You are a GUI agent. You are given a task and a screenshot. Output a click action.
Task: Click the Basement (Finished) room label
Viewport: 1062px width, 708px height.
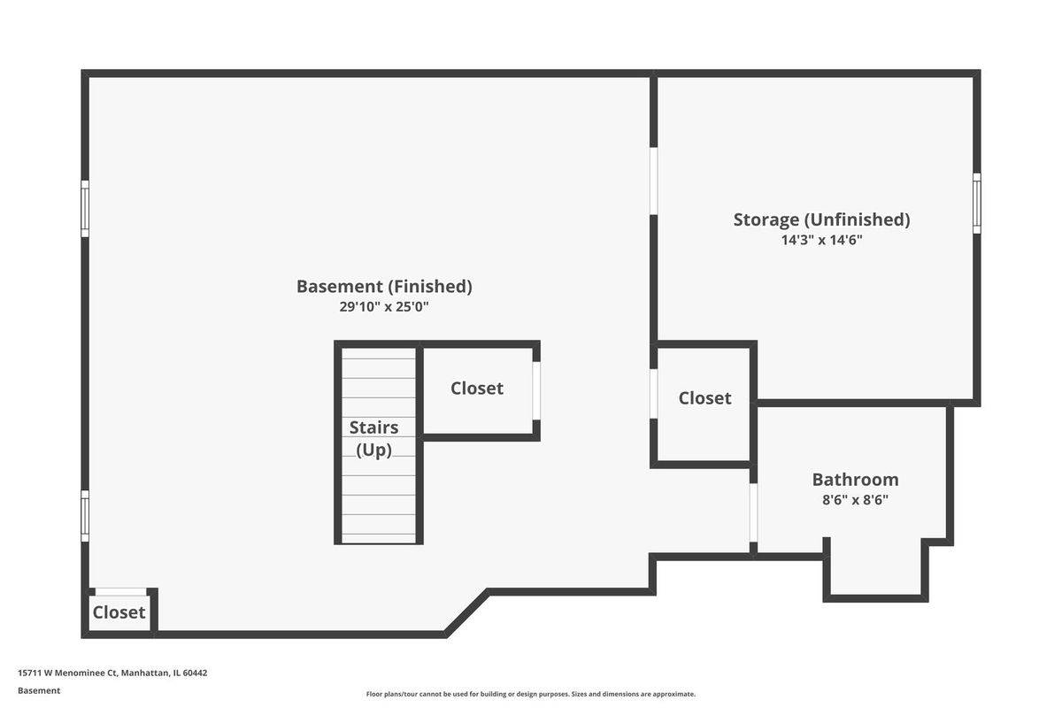(x=384, y=287)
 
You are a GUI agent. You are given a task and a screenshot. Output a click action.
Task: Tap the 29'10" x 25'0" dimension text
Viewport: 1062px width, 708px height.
(x=384, y=307)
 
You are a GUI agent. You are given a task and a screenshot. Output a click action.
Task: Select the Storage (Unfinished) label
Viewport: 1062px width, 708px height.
(x=821, y=220)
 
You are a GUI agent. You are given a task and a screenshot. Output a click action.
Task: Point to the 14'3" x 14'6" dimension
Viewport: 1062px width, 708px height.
(x=821, y=240)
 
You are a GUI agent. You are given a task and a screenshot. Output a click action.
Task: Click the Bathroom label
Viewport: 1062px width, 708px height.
(x=855, y=480)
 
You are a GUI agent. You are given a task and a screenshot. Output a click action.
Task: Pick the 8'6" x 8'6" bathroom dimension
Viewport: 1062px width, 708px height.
(x=855, y=500)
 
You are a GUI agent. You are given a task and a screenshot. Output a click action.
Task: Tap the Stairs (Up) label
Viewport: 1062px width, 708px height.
(x=373, y=439)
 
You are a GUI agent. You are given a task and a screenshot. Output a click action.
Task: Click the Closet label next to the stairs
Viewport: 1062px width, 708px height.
(x=476, y=389)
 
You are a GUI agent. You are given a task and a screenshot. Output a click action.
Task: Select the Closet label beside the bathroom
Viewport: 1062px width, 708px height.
(x=704, y=398)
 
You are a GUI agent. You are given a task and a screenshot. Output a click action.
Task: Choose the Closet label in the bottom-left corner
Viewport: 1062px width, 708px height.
(x=119, y=612)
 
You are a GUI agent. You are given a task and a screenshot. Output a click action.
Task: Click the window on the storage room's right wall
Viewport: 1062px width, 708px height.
(x=977, y=204)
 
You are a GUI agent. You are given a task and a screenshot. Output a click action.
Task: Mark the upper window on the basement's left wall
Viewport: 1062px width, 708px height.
(x=85, y=209)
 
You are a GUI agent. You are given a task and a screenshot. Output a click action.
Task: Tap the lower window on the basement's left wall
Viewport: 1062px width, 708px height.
(x=85, y=516)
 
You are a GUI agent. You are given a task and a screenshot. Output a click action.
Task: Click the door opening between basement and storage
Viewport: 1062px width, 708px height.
(x=653, y=181)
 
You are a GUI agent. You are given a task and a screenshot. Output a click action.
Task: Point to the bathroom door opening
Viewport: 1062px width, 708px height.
(x=753, y=512)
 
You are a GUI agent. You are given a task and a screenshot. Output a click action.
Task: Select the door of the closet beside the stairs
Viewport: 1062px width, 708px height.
(x=536, y=391)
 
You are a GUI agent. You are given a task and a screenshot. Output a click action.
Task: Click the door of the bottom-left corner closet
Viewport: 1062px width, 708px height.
(x=121, y=592)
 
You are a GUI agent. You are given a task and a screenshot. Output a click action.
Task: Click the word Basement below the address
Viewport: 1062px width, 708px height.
(x=39, y=691)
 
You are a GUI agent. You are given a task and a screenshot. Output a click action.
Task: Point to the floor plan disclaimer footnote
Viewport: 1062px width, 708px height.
(x=530, y=694)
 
